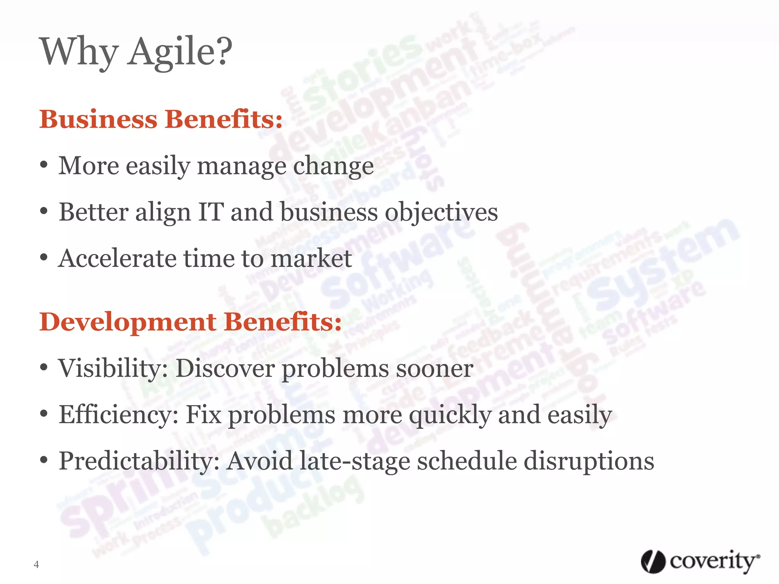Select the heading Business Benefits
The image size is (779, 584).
[161, 119]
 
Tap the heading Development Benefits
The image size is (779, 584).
[190, 322]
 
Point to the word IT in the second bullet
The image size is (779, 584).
[210, 212]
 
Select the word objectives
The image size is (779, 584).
[441, 212]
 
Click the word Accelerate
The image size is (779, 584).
[118, 259]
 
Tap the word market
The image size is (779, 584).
[311, 259]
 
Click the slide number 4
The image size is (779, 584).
[36, 565]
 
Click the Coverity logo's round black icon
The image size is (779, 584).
[653, 562]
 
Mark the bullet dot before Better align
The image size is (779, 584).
[44, 211]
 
